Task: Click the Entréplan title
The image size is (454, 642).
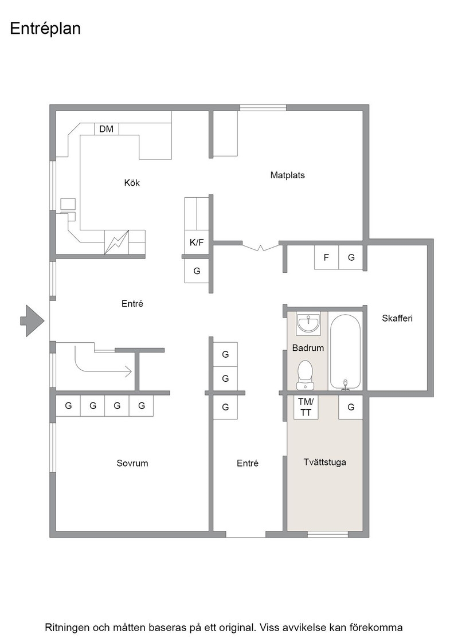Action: tap(45, 29)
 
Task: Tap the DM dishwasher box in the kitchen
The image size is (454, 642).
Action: tap(107, 129)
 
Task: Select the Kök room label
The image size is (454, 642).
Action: tap(132, 183)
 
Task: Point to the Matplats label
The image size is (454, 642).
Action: tap(287, 175)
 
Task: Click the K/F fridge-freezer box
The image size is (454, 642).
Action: tap(197, 242)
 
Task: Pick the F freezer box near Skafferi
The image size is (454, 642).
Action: tap(326, 257)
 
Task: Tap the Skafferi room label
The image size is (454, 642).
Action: tap(397, 318)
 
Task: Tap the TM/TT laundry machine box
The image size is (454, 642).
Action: tap(306, 408)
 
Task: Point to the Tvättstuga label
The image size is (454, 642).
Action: tap(324, 462)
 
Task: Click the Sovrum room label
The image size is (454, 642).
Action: tap(132, 463)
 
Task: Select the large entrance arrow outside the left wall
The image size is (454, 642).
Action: tap(32, 321)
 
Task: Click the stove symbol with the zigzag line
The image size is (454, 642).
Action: tap(117, 242)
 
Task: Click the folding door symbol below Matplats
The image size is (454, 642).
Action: tap(260, 247)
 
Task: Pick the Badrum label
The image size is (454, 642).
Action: tap(308, 348)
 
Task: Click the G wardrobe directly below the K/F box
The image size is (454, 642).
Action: tap(197, 271)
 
